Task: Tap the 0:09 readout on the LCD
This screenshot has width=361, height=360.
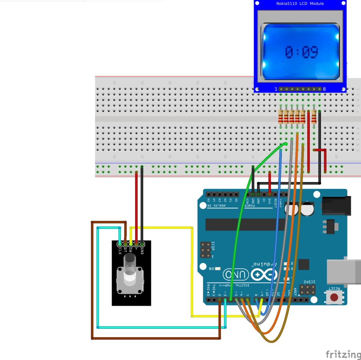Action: tap(301, 52)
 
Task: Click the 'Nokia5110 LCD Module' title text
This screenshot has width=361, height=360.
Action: tap(300, 4)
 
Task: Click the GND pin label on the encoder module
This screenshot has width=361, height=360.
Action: tap(142, 250)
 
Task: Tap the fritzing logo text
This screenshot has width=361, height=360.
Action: tap(343, 354)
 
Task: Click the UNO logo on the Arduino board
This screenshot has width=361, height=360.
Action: tap(234, 274)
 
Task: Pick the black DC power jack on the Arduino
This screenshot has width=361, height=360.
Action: tap(335, 206)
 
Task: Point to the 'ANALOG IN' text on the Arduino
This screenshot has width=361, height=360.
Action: tap(217, 206)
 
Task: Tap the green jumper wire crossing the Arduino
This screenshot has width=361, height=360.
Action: tap(241, 208)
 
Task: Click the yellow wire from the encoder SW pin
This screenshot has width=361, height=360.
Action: tap(193, 272)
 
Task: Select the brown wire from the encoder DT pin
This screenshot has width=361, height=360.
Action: tap(92, 280)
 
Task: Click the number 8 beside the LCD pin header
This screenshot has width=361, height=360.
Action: tap(324, 89)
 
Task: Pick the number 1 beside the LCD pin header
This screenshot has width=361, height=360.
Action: tap(276, 89)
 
